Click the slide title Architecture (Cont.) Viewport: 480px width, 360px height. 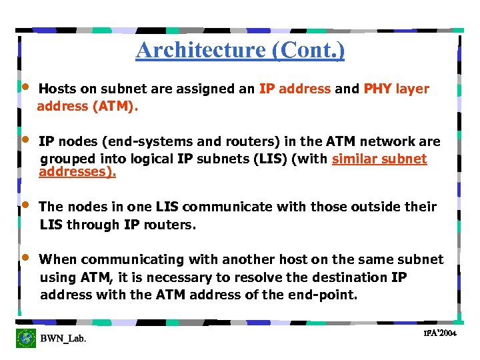click(x=240, y=50)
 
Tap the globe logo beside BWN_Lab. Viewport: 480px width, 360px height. click(x=26, y=338)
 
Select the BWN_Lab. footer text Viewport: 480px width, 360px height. click(x=63, y=339)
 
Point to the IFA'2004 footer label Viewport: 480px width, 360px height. click(x=439, y=333)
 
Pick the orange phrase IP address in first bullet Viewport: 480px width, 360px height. click(x=295, y=89)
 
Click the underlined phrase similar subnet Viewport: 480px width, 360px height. click(x=379, y=159)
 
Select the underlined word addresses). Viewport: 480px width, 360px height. click(x=77, y=172)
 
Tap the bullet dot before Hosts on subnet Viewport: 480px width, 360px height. click(x=25, y=87)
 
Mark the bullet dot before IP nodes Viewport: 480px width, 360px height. click(x=25, y=139)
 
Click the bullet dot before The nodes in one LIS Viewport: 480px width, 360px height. click(x=25, y=205)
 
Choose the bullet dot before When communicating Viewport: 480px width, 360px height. click(x=25, y=257)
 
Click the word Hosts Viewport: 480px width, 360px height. click(x=57, y=89)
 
